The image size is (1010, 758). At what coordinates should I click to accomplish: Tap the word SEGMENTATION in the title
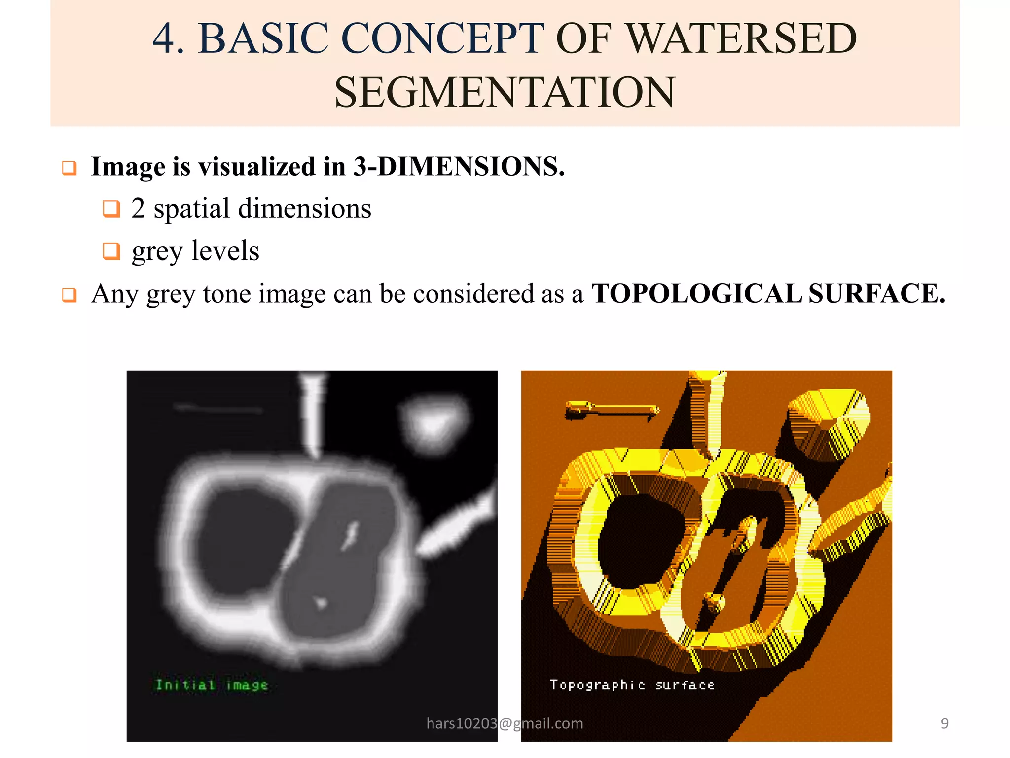point(505,92)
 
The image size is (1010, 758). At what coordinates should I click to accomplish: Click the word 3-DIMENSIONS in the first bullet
point(459,166)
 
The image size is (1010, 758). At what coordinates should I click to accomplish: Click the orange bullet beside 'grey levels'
point(111,251)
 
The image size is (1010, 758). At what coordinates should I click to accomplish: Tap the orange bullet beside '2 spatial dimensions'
point(111,208)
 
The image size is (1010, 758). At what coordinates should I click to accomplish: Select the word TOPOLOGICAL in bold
point(696,293)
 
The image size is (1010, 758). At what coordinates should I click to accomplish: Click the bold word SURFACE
point(876,293)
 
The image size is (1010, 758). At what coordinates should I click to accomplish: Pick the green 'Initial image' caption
point(212,685)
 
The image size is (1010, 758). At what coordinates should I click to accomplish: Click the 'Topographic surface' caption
point(632,685)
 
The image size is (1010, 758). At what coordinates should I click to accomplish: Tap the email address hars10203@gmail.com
point(505,723)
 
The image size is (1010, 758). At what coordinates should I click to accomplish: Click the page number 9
point(944,723)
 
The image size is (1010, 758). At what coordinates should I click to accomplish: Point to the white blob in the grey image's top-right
point(434,422)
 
